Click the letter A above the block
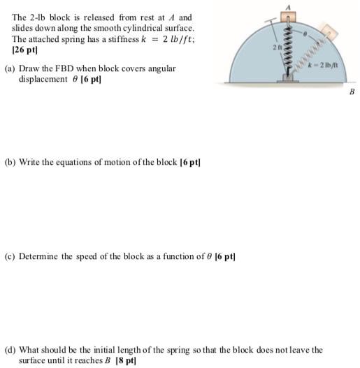click(x=286, y=4)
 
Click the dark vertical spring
click(x=286, y=49)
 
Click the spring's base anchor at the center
click(x=286, y=80)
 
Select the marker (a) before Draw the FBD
click(x=10, y=68)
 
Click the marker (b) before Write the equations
click(x=10, y=162)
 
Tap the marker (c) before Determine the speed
click(x=10, y=256)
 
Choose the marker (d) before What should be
click(x=10, y=350)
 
